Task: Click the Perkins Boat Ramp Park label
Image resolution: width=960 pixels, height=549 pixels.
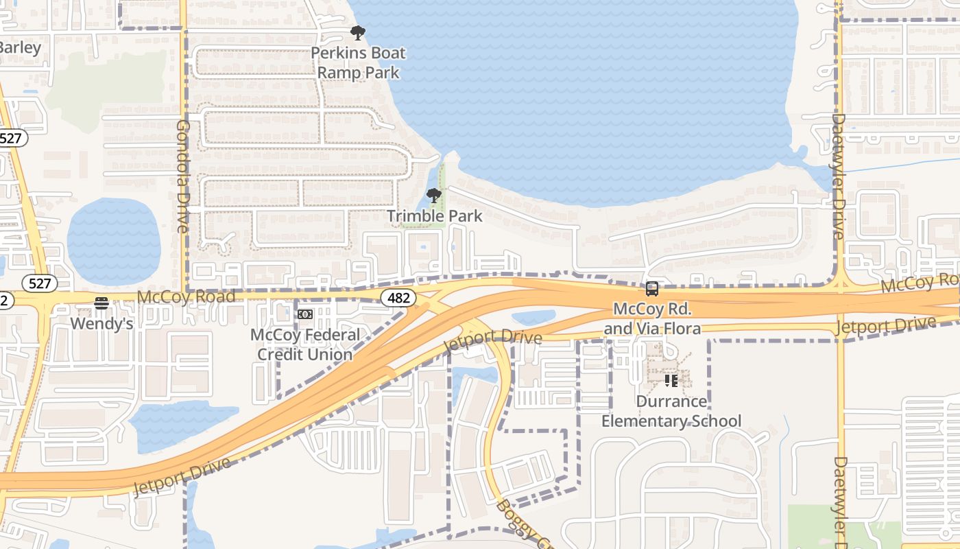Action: pyautogui.click(x=358, y=62)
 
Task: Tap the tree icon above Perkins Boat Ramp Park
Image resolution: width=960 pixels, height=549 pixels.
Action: pyautogui.click(x=357, y=32)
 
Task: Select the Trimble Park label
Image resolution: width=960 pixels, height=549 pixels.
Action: pyautogui.click(x=435, y=216)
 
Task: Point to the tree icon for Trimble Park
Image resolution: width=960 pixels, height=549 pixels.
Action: pyautogui.click(x=433, y=196)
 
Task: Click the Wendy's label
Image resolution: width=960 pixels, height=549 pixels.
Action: pyautogui.click(x=101, y=323)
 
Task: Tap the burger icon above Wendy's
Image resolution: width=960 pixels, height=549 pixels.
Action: pyautogui.click(x=101, y=303)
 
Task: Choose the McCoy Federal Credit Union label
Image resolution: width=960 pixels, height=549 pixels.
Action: pyautogui.click(x=304, y=344)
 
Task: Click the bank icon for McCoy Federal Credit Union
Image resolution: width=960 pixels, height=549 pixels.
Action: pyautogui.click(x=304, y=314)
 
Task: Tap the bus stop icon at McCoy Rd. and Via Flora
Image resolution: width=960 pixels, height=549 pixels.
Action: pyautogui.click(x=651, y=289)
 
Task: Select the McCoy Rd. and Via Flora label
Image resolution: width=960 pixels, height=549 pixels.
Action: pyautogui.click(x=652, y=319)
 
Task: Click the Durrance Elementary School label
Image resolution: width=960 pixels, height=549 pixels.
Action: pyautogui.click(x=671, y=411)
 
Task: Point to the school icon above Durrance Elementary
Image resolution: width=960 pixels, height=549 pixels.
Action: pyautogui.click(x=671, y=379)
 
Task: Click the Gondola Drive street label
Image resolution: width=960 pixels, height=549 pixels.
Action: pyautogui.click(x=182, y=176)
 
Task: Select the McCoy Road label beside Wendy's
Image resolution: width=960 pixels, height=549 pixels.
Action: pyautogui.click(x=186, y=297)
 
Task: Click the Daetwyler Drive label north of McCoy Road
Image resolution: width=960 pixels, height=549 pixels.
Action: pyautogui.click(x=838, y=176)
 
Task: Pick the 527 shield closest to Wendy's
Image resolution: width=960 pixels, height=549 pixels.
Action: pyautogui.click(x=39, y=283)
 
